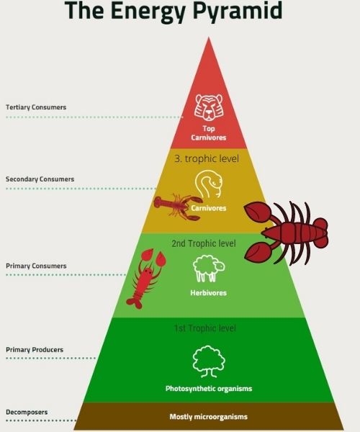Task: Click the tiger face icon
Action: click(209, 107)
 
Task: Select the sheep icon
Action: click(209, 269)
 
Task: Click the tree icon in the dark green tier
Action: click(209, 361)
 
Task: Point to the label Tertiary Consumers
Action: click(36, 107)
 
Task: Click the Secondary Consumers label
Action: click(40, 179)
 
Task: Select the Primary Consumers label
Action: click(36, 266)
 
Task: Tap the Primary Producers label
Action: click(35, 350)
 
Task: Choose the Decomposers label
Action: click(27, 412)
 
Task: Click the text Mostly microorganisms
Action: click(209, 417)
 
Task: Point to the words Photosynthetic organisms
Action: click(209, 389)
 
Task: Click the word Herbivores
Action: click(209, 292)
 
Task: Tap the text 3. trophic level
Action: click(207, 159)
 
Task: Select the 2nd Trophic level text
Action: click(204, 243)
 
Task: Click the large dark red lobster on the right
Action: click(287, 233)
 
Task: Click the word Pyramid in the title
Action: click(238, 11)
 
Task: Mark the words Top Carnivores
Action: click(209, 133)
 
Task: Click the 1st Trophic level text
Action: click(205, 328)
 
